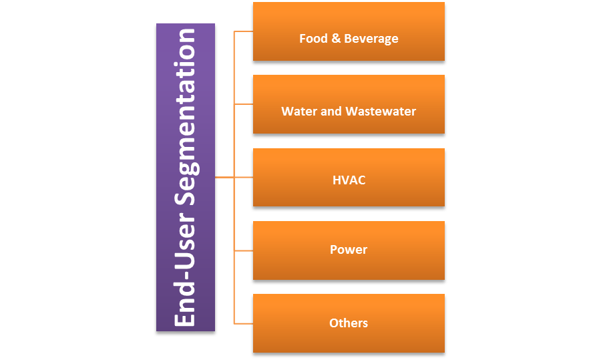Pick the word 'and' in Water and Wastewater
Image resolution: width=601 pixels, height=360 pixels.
coord(331,112)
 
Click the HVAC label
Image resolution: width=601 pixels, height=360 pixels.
coord(349,180)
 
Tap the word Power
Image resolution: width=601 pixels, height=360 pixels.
coord(349,250)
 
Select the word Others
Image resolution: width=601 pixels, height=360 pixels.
coord(349,323)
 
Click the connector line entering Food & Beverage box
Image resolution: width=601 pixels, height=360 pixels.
coord(243,31)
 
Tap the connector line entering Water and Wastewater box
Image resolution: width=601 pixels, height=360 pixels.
coord(243,104)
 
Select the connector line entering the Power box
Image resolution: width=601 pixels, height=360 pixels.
coord(243,250)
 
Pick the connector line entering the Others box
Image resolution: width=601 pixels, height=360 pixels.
coord(243,323)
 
